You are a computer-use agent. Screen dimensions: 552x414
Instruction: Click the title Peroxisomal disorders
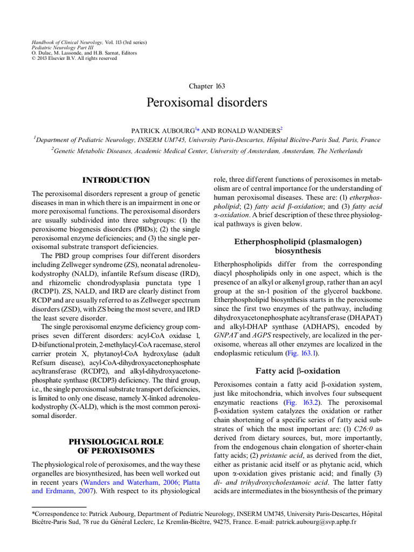pyautogui.click(x=207, y=102)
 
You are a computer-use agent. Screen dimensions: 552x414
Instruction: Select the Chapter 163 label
pyautogui.click(x=207, y=86)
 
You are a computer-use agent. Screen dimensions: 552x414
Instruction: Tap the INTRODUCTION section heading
pyautogui.click(x=116, y=180)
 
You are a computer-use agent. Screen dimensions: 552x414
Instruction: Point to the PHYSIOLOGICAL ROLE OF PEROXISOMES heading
pyautogui.click(x=116, y=446)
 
